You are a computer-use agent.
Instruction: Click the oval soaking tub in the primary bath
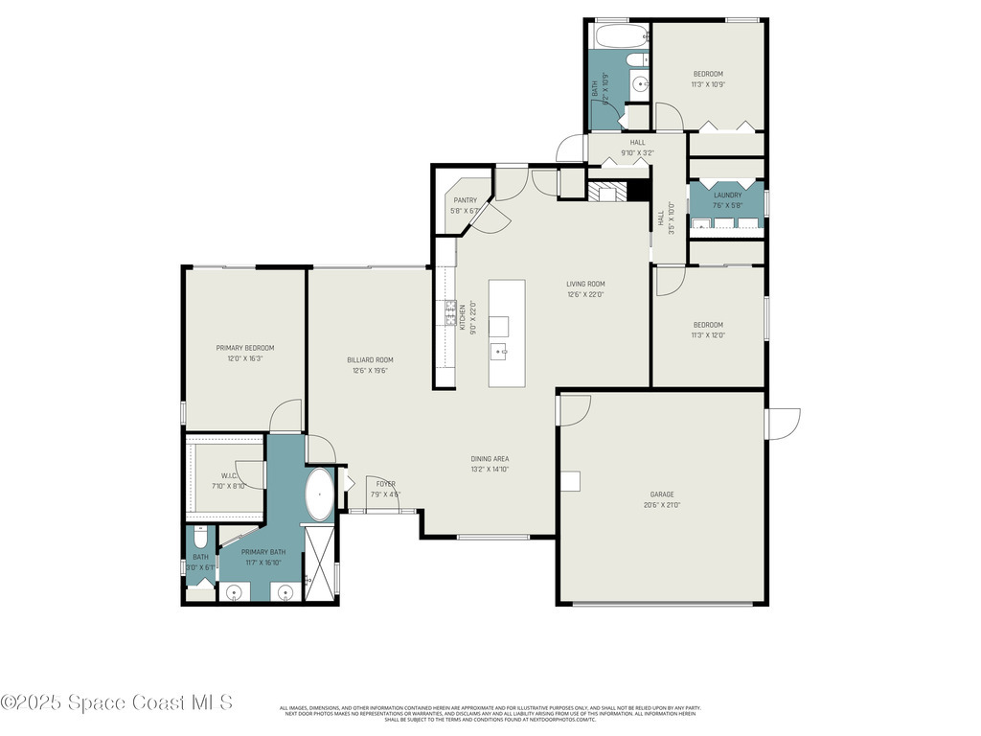[x=319, y=494]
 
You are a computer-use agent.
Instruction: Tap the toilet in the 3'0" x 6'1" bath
[x=200, y=533]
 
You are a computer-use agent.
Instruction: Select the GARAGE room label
[x=662, y=494]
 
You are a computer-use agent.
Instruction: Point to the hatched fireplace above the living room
[x=605, y=193]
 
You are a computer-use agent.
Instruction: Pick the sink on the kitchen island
[x=499, y=353]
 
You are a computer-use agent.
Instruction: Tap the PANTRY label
[x=466, y=200]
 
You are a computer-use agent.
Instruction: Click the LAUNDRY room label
[x=727, y=195]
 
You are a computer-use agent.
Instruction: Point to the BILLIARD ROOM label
[x=370, y=360]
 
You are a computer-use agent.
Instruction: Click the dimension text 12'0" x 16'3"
[x=245, y=358]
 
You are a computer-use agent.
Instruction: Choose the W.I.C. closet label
[x=229, y=475]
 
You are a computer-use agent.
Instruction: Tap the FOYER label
[x=385, y=483]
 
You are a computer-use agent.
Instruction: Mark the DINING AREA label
[x=490, y=459]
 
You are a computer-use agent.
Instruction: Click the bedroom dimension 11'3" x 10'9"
[x=708, y=84]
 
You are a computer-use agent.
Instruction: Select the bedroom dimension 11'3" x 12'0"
[x=708, y=335]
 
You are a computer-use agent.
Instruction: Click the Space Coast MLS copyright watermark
[x=117, y=702]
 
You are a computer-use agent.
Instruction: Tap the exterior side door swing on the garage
[x=783, y=424]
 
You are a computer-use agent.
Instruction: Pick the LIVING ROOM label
[x=585, y=284]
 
